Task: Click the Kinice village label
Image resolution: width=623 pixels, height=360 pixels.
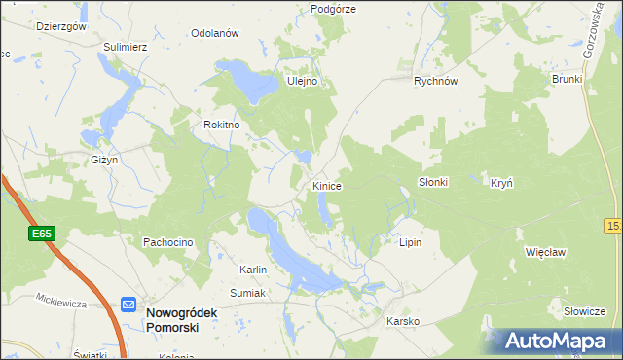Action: point(326,185)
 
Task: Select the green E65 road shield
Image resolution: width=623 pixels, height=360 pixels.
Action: point(41,234)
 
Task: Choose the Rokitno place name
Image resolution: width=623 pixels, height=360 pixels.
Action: point(222,125)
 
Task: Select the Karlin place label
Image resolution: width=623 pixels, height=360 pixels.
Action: point(253,269)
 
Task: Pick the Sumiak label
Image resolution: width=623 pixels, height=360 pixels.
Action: point(247,292)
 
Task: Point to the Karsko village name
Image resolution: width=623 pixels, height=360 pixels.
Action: point(402,320)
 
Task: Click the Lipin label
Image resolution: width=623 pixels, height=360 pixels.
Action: point(410,242)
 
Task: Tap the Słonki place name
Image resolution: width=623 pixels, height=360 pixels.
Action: point(432,182)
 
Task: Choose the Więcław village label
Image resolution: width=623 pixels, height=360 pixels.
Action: point(545,251)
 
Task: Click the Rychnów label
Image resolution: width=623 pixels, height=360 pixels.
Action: point(435,82)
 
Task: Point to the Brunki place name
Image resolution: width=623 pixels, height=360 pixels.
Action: point(567,79)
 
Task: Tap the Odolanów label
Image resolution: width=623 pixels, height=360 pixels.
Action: point(215,33)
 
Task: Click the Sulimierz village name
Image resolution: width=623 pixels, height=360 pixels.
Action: point(127,46)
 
